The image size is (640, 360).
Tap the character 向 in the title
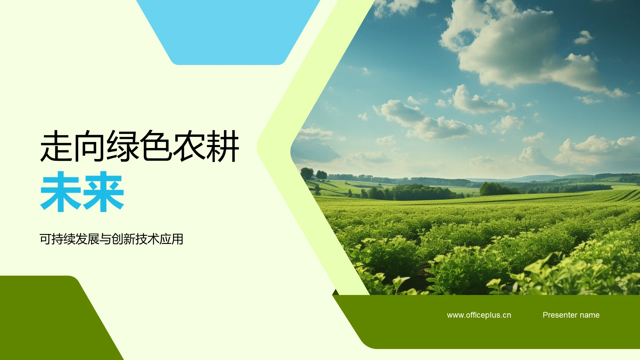tap(89, 147)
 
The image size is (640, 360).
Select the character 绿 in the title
tap(123, 147)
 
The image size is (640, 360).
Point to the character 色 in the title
tap(156, 147)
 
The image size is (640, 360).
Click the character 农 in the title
tap(189, 147)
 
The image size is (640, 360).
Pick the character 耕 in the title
tap(223, 147)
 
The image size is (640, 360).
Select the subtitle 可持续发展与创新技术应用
tap(111, 239)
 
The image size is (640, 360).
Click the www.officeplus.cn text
tap(479, 315)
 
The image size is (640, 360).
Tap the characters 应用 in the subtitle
tap(171, 239)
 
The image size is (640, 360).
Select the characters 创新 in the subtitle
tap(123, 239)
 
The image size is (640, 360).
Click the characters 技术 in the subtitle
tap(147, 239)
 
